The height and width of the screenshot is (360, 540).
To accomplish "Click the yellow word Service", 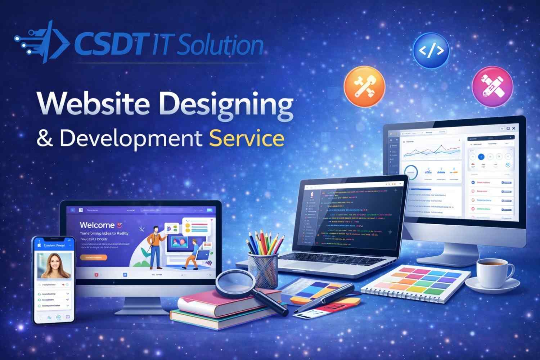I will pos(247,139).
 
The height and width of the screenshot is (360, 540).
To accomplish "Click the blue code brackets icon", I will pos(431,51).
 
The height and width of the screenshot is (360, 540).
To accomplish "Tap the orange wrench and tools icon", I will pos(364,86).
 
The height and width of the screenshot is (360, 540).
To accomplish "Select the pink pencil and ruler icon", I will pos(492,87).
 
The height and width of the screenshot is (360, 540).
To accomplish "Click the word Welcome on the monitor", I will pos(97,225).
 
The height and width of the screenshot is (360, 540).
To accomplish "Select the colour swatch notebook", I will pos(416,283).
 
